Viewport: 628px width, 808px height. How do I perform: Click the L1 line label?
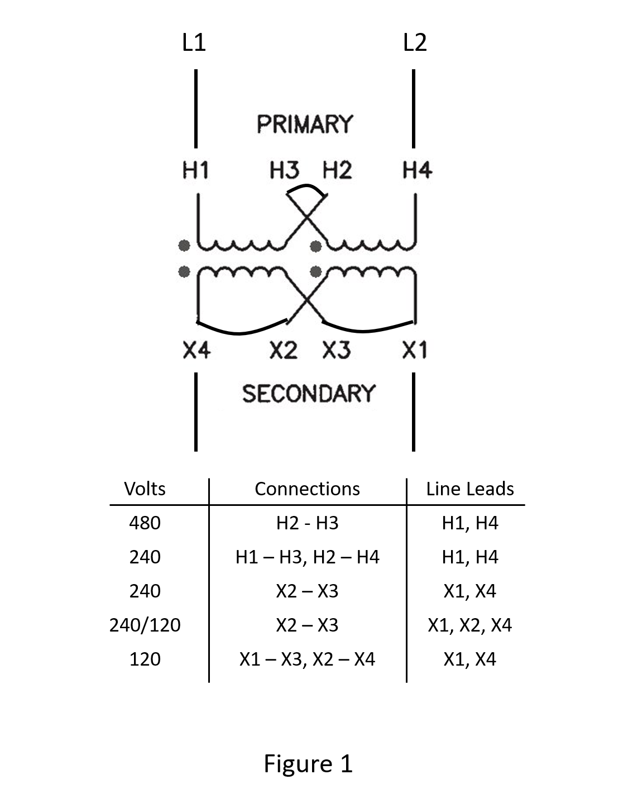pos(194,43)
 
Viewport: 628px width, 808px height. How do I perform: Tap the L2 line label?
pos(415,43)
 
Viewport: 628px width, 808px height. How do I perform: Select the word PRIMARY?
pos(305,124)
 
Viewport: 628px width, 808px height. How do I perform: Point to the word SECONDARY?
pos(309,394)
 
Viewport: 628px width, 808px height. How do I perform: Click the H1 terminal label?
pos(196,170)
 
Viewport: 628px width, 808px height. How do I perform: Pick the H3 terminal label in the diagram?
pos(284,170)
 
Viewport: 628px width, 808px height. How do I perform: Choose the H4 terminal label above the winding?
pos(417,170)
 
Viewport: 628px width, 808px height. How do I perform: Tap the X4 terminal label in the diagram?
pos(196,351)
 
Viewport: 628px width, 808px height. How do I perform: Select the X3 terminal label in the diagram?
pos(337,351)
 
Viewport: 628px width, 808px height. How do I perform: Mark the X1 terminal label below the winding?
pos(415,351)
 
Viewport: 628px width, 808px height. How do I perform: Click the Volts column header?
pos(145,489)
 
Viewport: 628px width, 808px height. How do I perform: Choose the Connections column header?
pos(307,489)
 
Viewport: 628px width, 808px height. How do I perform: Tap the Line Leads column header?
pos(469,489)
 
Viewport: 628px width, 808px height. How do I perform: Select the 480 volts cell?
pos(145,523)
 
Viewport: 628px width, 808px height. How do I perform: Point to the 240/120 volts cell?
pos(145,625)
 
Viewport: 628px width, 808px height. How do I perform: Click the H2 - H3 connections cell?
pos(307,523)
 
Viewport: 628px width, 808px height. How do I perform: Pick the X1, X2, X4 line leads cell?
pos(469,625)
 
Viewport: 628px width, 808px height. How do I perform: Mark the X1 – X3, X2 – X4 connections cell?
pos(307,659)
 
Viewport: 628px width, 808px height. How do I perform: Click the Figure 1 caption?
pos(308,763)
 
